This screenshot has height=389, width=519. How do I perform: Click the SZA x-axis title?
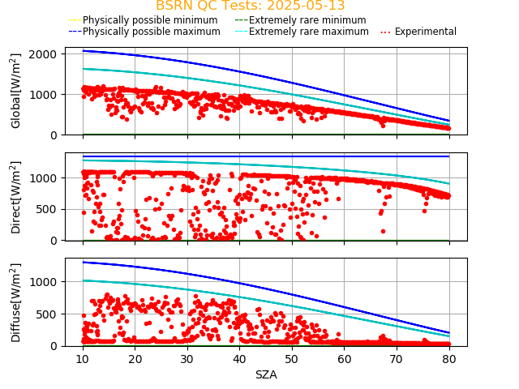[266, 374]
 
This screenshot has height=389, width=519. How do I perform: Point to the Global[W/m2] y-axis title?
[16, 91]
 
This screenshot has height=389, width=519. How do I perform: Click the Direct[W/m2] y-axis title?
[16, 197]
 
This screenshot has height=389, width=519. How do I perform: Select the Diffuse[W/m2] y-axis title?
[16, 302]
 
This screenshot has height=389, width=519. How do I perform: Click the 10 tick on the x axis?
[83, 359]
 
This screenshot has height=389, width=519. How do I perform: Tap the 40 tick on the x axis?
[239, 359]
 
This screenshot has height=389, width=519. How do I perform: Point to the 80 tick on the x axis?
[449, 359]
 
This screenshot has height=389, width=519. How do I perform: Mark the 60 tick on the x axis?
[345, 359]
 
